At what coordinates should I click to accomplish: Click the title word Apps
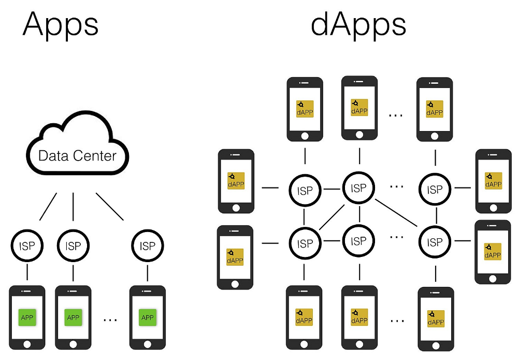tap(60, 24)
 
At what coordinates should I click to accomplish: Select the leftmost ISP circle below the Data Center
tap(27, 246)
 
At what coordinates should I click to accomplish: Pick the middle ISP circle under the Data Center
tap(73, 246)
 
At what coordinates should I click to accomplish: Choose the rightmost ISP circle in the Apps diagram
tap(148, 246)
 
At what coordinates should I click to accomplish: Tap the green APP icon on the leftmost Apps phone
tap(27, 317)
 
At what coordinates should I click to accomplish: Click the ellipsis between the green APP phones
tap(110, 320)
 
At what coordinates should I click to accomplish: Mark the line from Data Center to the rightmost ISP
tap(110, 207)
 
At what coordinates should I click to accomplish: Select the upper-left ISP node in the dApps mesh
tap(305, 190)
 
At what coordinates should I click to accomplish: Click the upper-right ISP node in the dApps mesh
tap(435, 190)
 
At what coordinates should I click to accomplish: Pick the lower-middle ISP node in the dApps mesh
tap(358, 241)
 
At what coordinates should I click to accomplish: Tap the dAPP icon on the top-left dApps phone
tap(305, 108)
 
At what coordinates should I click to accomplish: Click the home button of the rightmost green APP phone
tap(148, 344)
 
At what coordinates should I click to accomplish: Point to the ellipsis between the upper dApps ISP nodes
tap(396, 184)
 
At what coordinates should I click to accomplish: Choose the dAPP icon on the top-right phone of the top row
tap(435, 108)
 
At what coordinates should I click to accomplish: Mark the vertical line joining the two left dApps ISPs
tap(305, 216)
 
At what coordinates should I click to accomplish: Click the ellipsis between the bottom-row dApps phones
tap(396, 320)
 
